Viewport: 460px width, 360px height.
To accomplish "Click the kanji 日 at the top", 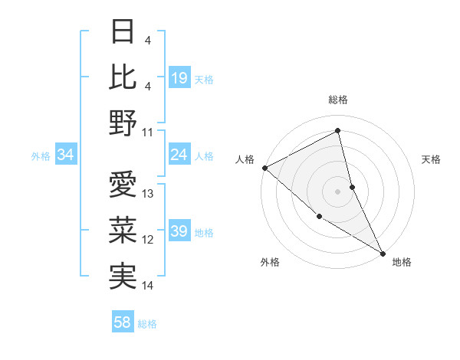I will point(123,32).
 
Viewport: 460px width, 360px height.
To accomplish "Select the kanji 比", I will point(123,77).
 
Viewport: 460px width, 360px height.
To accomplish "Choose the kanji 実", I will point(123,275).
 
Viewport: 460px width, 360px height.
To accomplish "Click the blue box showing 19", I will point(179,78).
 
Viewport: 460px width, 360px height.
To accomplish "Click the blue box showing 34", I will point(65,155).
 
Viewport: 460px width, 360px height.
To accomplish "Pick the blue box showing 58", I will point(123,323).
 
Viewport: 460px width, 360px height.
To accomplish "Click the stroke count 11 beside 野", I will point(148,132).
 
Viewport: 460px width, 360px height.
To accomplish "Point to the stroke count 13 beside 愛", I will point(148,194).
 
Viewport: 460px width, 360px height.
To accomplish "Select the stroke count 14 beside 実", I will point(148,286).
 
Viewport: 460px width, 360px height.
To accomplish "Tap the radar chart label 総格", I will point(338,100).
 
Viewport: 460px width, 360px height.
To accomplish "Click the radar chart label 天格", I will point(431,159).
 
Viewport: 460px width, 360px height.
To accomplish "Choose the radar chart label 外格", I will point(270,262).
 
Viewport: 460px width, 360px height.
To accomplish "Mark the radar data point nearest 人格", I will point(264,168).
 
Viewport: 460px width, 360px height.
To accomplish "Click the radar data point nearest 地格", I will point(382,252).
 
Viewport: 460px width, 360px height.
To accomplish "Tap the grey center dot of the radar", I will point(338,191).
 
